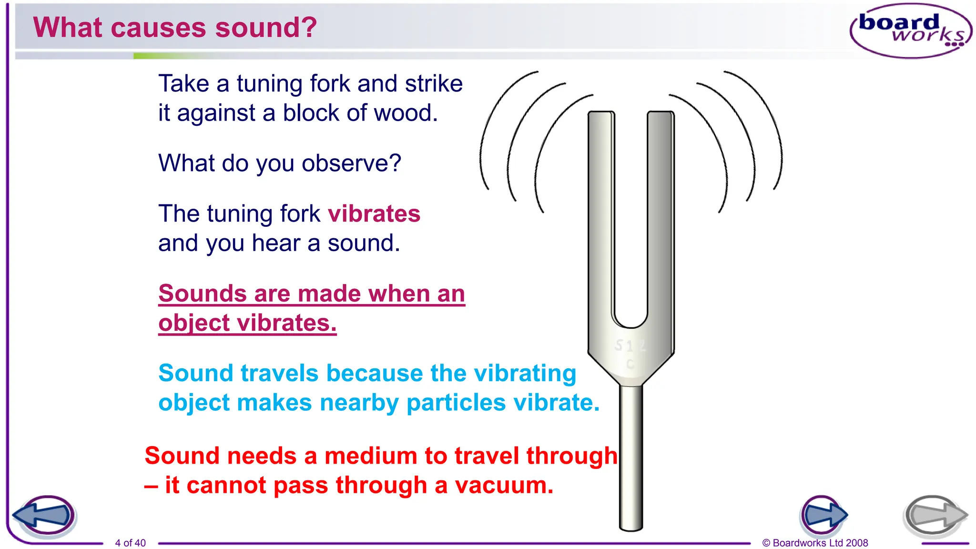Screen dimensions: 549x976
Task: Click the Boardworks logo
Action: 910,30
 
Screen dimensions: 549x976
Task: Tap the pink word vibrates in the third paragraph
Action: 374,213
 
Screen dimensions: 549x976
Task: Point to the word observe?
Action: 352,163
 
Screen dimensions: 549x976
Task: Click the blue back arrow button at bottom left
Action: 45,516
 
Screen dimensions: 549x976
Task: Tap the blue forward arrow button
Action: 823,515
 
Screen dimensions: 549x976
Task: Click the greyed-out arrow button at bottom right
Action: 934,516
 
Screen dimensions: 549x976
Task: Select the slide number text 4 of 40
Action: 130,543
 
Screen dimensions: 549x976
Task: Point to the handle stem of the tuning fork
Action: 631,457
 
